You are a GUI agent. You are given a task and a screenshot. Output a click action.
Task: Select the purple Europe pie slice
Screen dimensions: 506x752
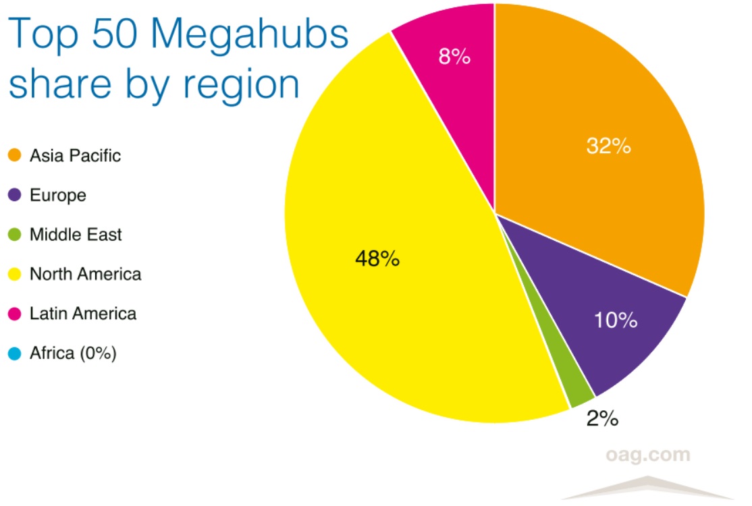(x=594, y=290)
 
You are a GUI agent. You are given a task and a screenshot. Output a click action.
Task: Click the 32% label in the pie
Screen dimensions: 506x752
(x=608, y=146)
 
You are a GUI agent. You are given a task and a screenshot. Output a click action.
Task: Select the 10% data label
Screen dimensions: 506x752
(x=616, y=320)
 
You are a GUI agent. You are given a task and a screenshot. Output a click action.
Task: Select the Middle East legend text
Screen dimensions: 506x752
(x=76, y=235)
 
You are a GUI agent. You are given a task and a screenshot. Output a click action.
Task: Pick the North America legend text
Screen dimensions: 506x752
(x=85, y=274)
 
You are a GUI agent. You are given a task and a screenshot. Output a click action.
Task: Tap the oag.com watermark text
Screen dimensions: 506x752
(x=647, y=454)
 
